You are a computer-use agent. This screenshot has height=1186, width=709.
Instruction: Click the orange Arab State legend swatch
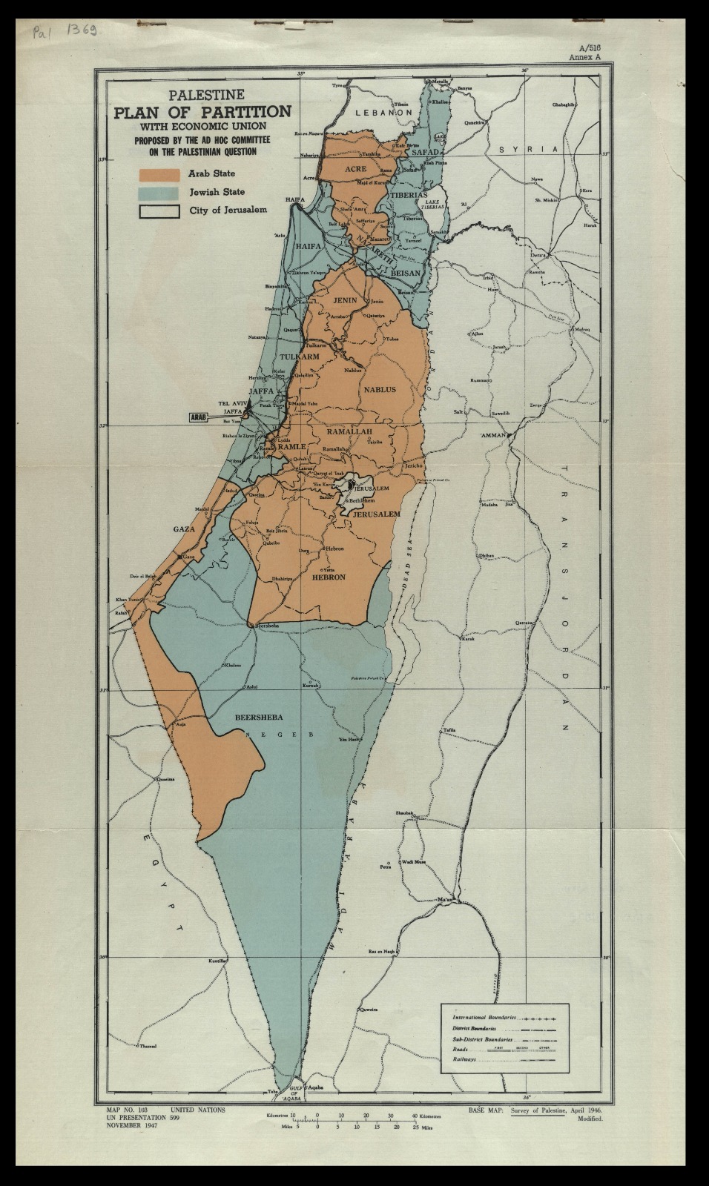point(159,174)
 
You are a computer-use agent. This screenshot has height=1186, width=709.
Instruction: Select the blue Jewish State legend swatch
point(159,192)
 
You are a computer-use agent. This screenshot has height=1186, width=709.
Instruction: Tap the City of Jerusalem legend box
point(159,211)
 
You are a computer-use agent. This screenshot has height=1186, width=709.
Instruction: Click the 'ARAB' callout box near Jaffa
point(198,417)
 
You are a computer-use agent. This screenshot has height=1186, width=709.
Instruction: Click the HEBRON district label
point(329,577)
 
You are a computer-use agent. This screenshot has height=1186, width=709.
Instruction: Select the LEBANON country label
point(383,112)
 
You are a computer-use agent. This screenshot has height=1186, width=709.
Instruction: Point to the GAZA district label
point(183,529)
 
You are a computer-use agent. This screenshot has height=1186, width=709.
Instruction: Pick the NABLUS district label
point(379,389)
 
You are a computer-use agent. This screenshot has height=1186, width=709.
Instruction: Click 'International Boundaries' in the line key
point(484,1018)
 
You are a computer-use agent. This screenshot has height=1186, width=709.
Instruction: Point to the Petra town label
point(385,866)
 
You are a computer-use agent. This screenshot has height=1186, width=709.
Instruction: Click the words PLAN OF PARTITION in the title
point(201,112)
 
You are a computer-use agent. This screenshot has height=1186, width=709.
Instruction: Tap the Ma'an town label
point(445,899)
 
